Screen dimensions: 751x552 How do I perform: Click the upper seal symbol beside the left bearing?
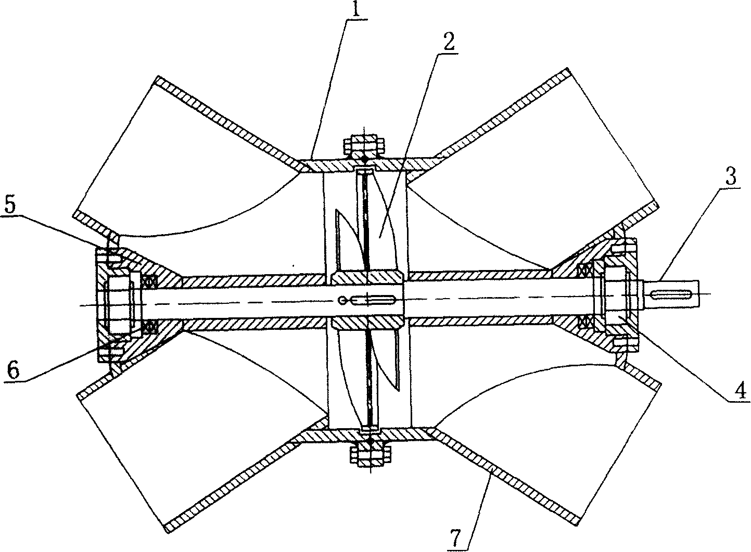(150, 281)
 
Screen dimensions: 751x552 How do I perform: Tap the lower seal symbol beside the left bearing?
(151, 326)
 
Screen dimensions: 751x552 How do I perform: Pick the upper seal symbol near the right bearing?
(585, 269)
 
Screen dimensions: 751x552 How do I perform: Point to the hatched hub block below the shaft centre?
(368, 323)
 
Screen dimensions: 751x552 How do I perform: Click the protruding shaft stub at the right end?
(670, 294)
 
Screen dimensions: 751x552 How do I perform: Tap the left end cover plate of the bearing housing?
(102, 303)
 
